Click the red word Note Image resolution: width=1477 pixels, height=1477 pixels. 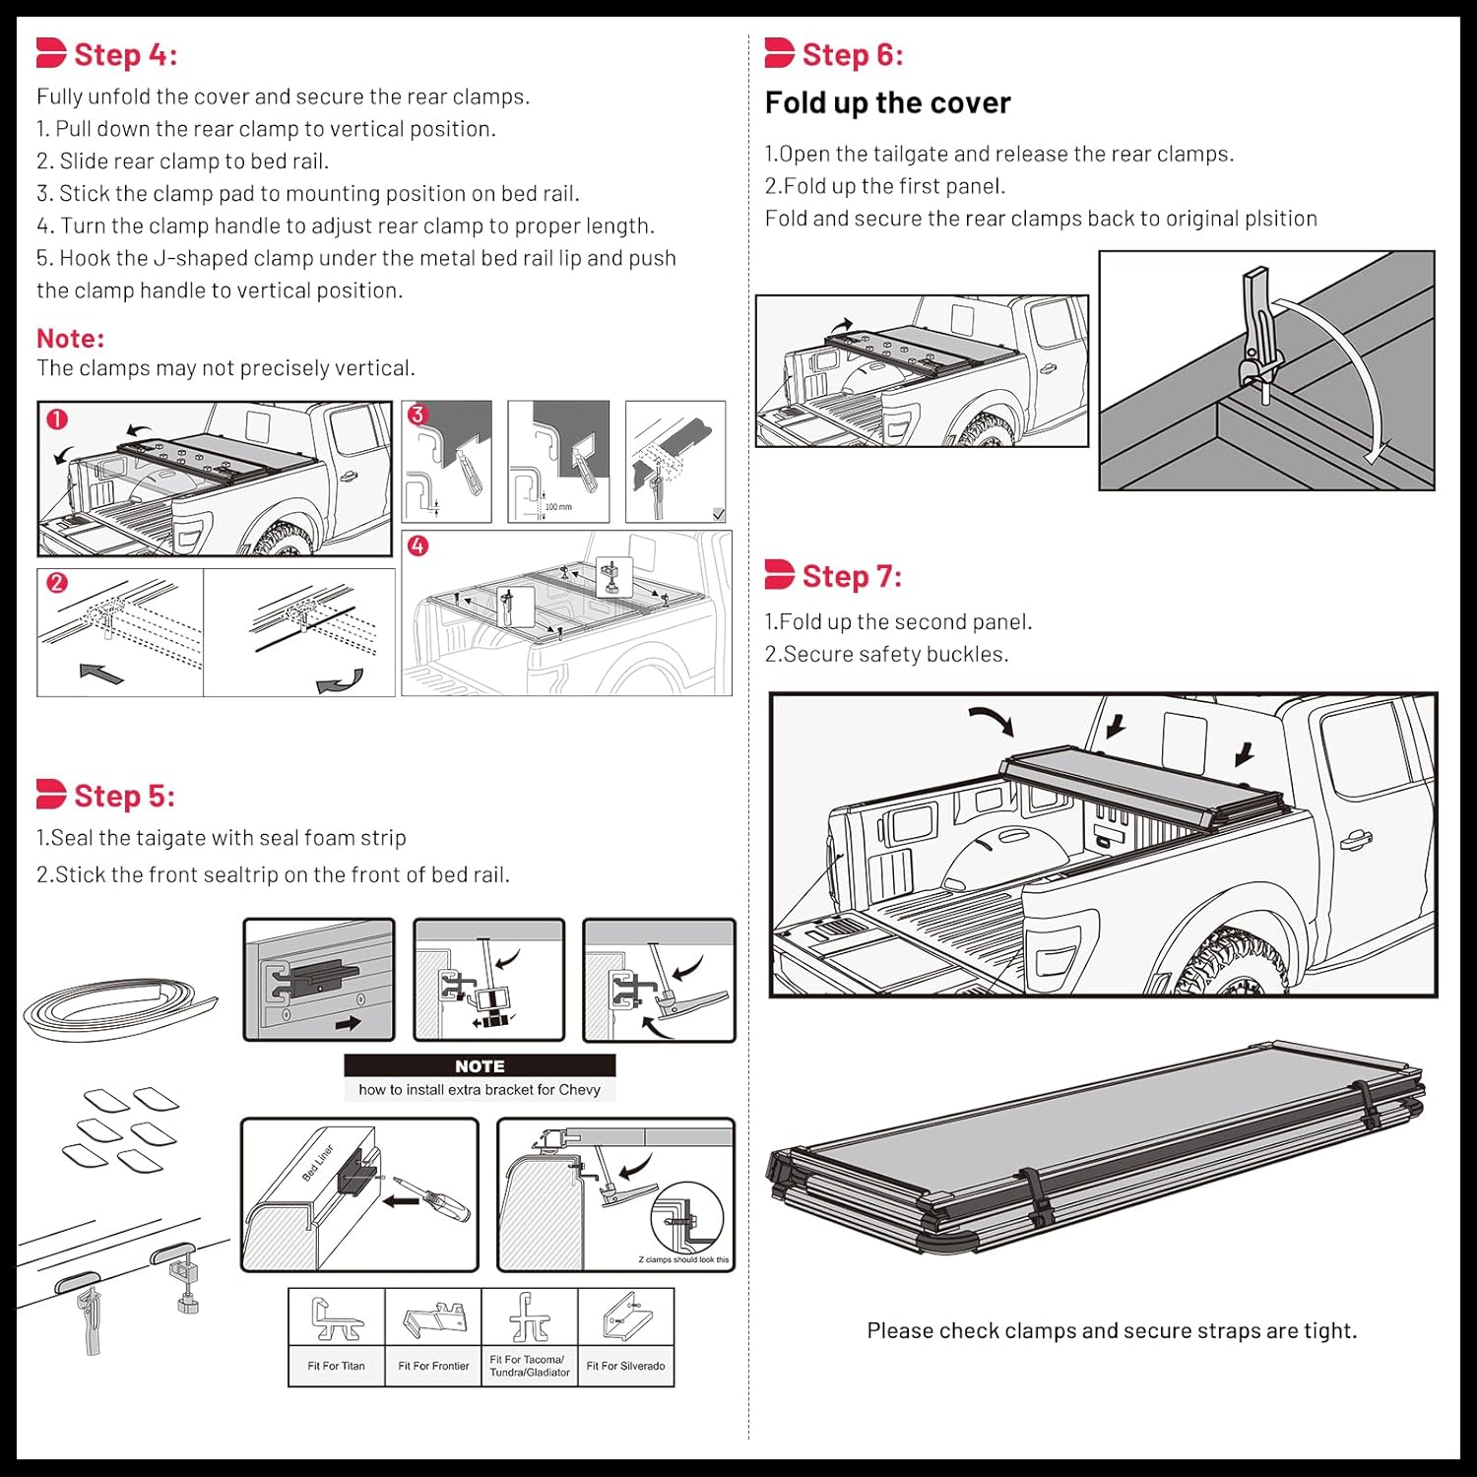[70, 339]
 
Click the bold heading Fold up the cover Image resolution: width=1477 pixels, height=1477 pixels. [887, 103]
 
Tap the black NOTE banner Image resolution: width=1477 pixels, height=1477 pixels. [480, 1065]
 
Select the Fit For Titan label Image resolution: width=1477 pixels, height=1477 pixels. [336, 1366]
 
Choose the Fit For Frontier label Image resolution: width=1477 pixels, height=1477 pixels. [433, 1366]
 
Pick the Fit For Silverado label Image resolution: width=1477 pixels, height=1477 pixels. [625, 1366]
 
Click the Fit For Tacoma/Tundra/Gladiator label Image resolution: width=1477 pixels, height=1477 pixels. [530, 1366]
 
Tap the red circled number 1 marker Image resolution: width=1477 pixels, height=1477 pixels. [57, 419]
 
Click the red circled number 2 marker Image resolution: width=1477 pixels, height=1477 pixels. [57, 583]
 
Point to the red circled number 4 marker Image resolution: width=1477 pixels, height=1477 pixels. [418, 546]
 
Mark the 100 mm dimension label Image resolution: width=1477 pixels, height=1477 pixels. [558, 507]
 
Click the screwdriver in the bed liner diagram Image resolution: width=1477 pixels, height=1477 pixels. [433, 1195]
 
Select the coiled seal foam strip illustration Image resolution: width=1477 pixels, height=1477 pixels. [118, 1009]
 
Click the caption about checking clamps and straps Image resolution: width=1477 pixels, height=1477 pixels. [1112, 1331]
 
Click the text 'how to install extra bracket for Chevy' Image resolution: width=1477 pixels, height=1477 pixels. [480, 1090]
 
